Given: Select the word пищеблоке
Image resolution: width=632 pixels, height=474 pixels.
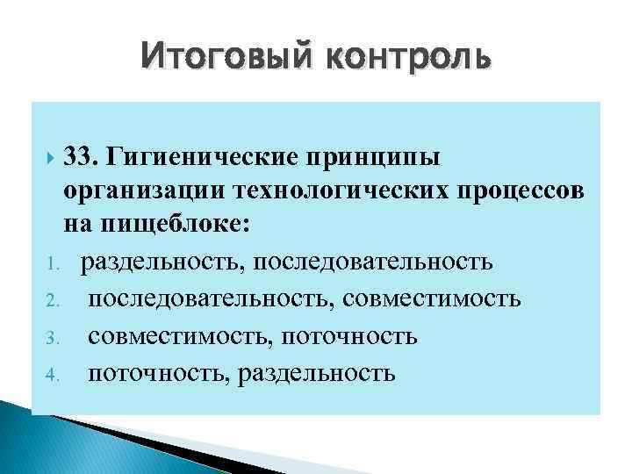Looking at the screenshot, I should (x=185, y=225).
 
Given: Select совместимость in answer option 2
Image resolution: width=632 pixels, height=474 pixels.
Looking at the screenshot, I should (x=434, y=299).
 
